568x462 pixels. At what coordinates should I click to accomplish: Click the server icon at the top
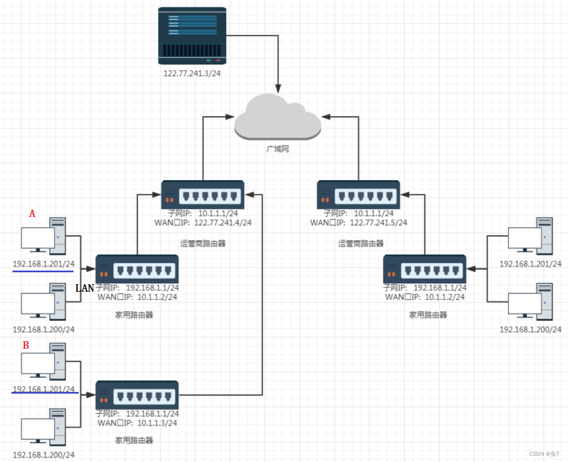point(192,36)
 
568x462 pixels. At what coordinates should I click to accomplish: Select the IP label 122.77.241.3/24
point(192,73)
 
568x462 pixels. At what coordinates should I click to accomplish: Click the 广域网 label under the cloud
point(277,149)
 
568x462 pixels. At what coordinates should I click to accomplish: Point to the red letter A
point(32,214)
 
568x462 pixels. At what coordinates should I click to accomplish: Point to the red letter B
point(26,345)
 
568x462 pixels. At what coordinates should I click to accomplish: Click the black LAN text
point(85,288)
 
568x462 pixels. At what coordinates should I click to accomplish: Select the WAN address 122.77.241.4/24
point(223,223)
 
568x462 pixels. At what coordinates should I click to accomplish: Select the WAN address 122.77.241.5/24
point(378,223)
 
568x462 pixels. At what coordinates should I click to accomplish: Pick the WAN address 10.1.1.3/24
point(157,423)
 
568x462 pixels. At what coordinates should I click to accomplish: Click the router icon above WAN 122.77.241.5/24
point(358,195)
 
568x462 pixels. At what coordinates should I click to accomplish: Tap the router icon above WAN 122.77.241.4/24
point(202,195)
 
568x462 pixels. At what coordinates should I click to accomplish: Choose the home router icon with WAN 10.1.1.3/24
point(137,395)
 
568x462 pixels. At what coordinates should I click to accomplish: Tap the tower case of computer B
point(58,361)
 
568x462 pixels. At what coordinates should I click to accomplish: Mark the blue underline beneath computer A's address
point(43,271)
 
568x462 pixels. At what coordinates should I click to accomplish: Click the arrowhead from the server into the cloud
point(278,89)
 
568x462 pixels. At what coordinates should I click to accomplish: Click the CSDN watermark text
point(544,453)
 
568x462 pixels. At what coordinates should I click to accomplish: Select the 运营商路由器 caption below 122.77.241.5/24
point(361,243)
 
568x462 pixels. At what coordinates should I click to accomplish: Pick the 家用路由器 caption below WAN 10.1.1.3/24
point(134,440)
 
